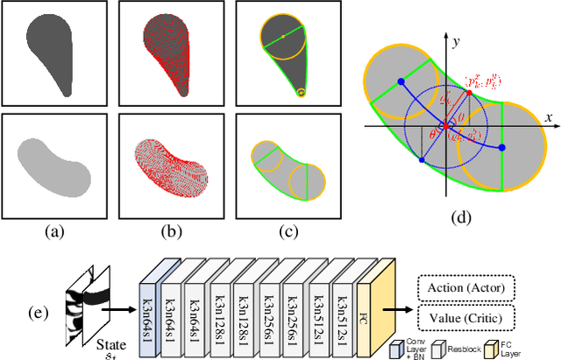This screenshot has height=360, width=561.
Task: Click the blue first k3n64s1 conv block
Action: pos(151,301)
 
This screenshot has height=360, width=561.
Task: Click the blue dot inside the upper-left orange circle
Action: pos(401,81)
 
